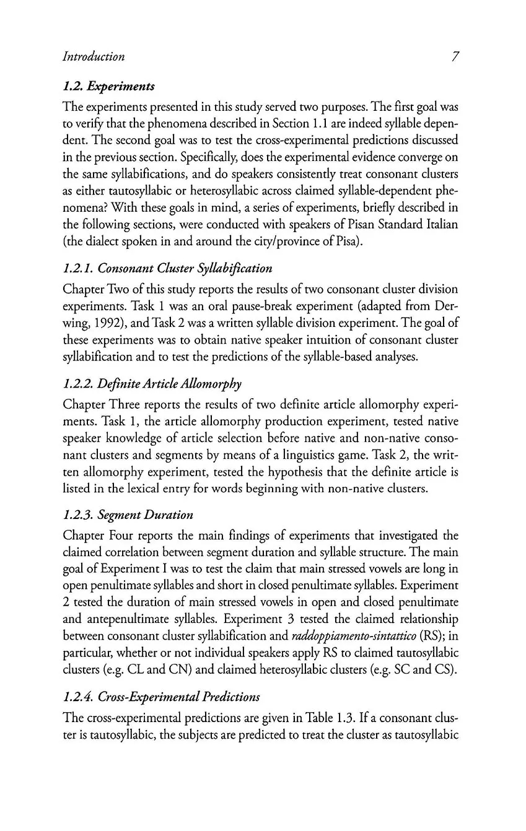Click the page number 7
click(455, 57)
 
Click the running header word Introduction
click(94, 57)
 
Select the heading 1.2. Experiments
click(109, 86)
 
